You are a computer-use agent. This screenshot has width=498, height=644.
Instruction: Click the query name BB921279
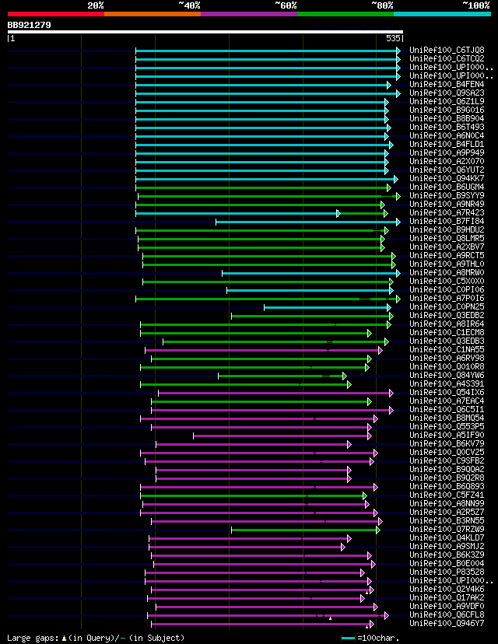(30, 25)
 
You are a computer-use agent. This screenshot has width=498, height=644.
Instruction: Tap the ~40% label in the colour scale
(189, 5)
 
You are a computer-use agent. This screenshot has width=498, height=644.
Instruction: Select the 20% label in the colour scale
(96, 5)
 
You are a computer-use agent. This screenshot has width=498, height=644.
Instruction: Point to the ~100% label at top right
(475, 5)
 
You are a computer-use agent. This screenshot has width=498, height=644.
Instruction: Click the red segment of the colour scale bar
(55, 14)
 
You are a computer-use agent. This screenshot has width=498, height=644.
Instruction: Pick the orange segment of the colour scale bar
(152, 14)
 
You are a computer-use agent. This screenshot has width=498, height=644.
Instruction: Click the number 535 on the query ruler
(393, 37)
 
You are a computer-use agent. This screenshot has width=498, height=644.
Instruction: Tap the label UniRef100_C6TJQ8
(447, 51)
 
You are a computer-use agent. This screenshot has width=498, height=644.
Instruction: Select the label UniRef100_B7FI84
(447, 222)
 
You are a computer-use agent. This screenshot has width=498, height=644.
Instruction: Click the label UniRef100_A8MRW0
(447, 273)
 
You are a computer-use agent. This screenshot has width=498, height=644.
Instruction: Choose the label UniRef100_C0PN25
(447, 307)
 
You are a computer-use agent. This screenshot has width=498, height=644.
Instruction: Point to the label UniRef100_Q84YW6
(447, 376)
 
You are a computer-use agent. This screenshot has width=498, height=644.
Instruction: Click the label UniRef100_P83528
(447, 572)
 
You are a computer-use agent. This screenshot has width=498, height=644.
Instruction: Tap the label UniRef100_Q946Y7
(447, 624)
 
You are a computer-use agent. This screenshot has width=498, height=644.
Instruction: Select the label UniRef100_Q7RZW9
(447, 530)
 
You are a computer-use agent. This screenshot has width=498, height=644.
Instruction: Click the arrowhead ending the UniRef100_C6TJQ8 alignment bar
(398, 51)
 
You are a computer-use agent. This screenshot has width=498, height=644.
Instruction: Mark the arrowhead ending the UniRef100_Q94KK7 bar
(395, 179)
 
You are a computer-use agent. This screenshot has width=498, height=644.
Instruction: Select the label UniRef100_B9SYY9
(447, 196)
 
